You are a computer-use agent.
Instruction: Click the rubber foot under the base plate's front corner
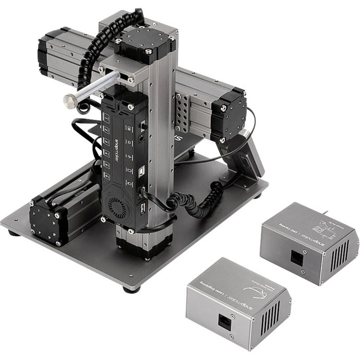[130, 289]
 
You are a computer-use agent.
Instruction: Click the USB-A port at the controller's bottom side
[143, 207]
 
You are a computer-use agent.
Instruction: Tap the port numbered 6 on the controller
[107, 176]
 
